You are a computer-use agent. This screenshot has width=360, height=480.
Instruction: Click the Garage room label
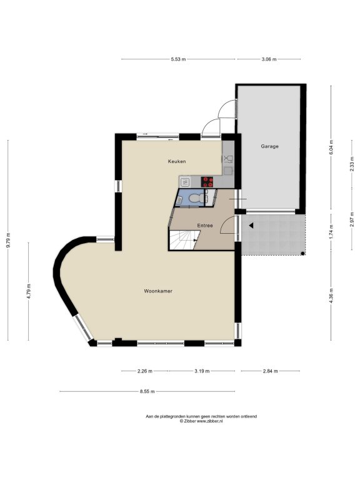[270, 146]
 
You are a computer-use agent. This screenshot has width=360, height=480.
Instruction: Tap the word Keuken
[177, 161]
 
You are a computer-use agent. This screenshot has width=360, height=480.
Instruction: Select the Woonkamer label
[158, 291]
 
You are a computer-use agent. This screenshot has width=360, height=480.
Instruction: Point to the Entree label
[205, 226]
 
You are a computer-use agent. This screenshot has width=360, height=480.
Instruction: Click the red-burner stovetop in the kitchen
[207, 182]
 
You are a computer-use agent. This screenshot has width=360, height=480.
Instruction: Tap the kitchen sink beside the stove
[185, 182]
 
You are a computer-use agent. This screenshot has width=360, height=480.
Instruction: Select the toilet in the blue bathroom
[195, 198]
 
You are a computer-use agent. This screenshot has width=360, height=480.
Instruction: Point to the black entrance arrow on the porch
[251, 226]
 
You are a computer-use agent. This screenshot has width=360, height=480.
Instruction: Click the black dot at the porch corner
[302, 254]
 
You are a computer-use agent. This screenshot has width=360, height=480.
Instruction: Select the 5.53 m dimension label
[178, 59]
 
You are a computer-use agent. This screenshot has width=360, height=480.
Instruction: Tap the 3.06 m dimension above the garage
[269, 59]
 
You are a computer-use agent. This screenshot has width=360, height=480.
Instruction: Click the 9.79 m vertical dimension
[8, 240]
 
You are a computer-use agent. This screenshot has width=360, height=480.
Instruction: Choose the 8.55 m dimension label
[147, 391]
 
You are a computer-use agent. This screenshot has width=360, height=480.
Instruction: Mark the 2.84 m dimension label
[270, 371]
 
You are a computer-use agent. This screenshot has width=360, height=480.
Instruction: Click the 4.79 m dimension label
[29, 291]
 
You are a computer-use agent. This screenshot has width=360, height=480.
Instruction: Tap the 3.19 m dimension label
[202, 371]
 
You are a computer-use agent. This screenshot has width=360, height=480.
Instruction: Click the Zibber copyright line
[201, 421]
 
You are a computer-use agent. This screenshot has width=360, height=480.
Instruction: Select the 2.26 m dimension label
[144, 371]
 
